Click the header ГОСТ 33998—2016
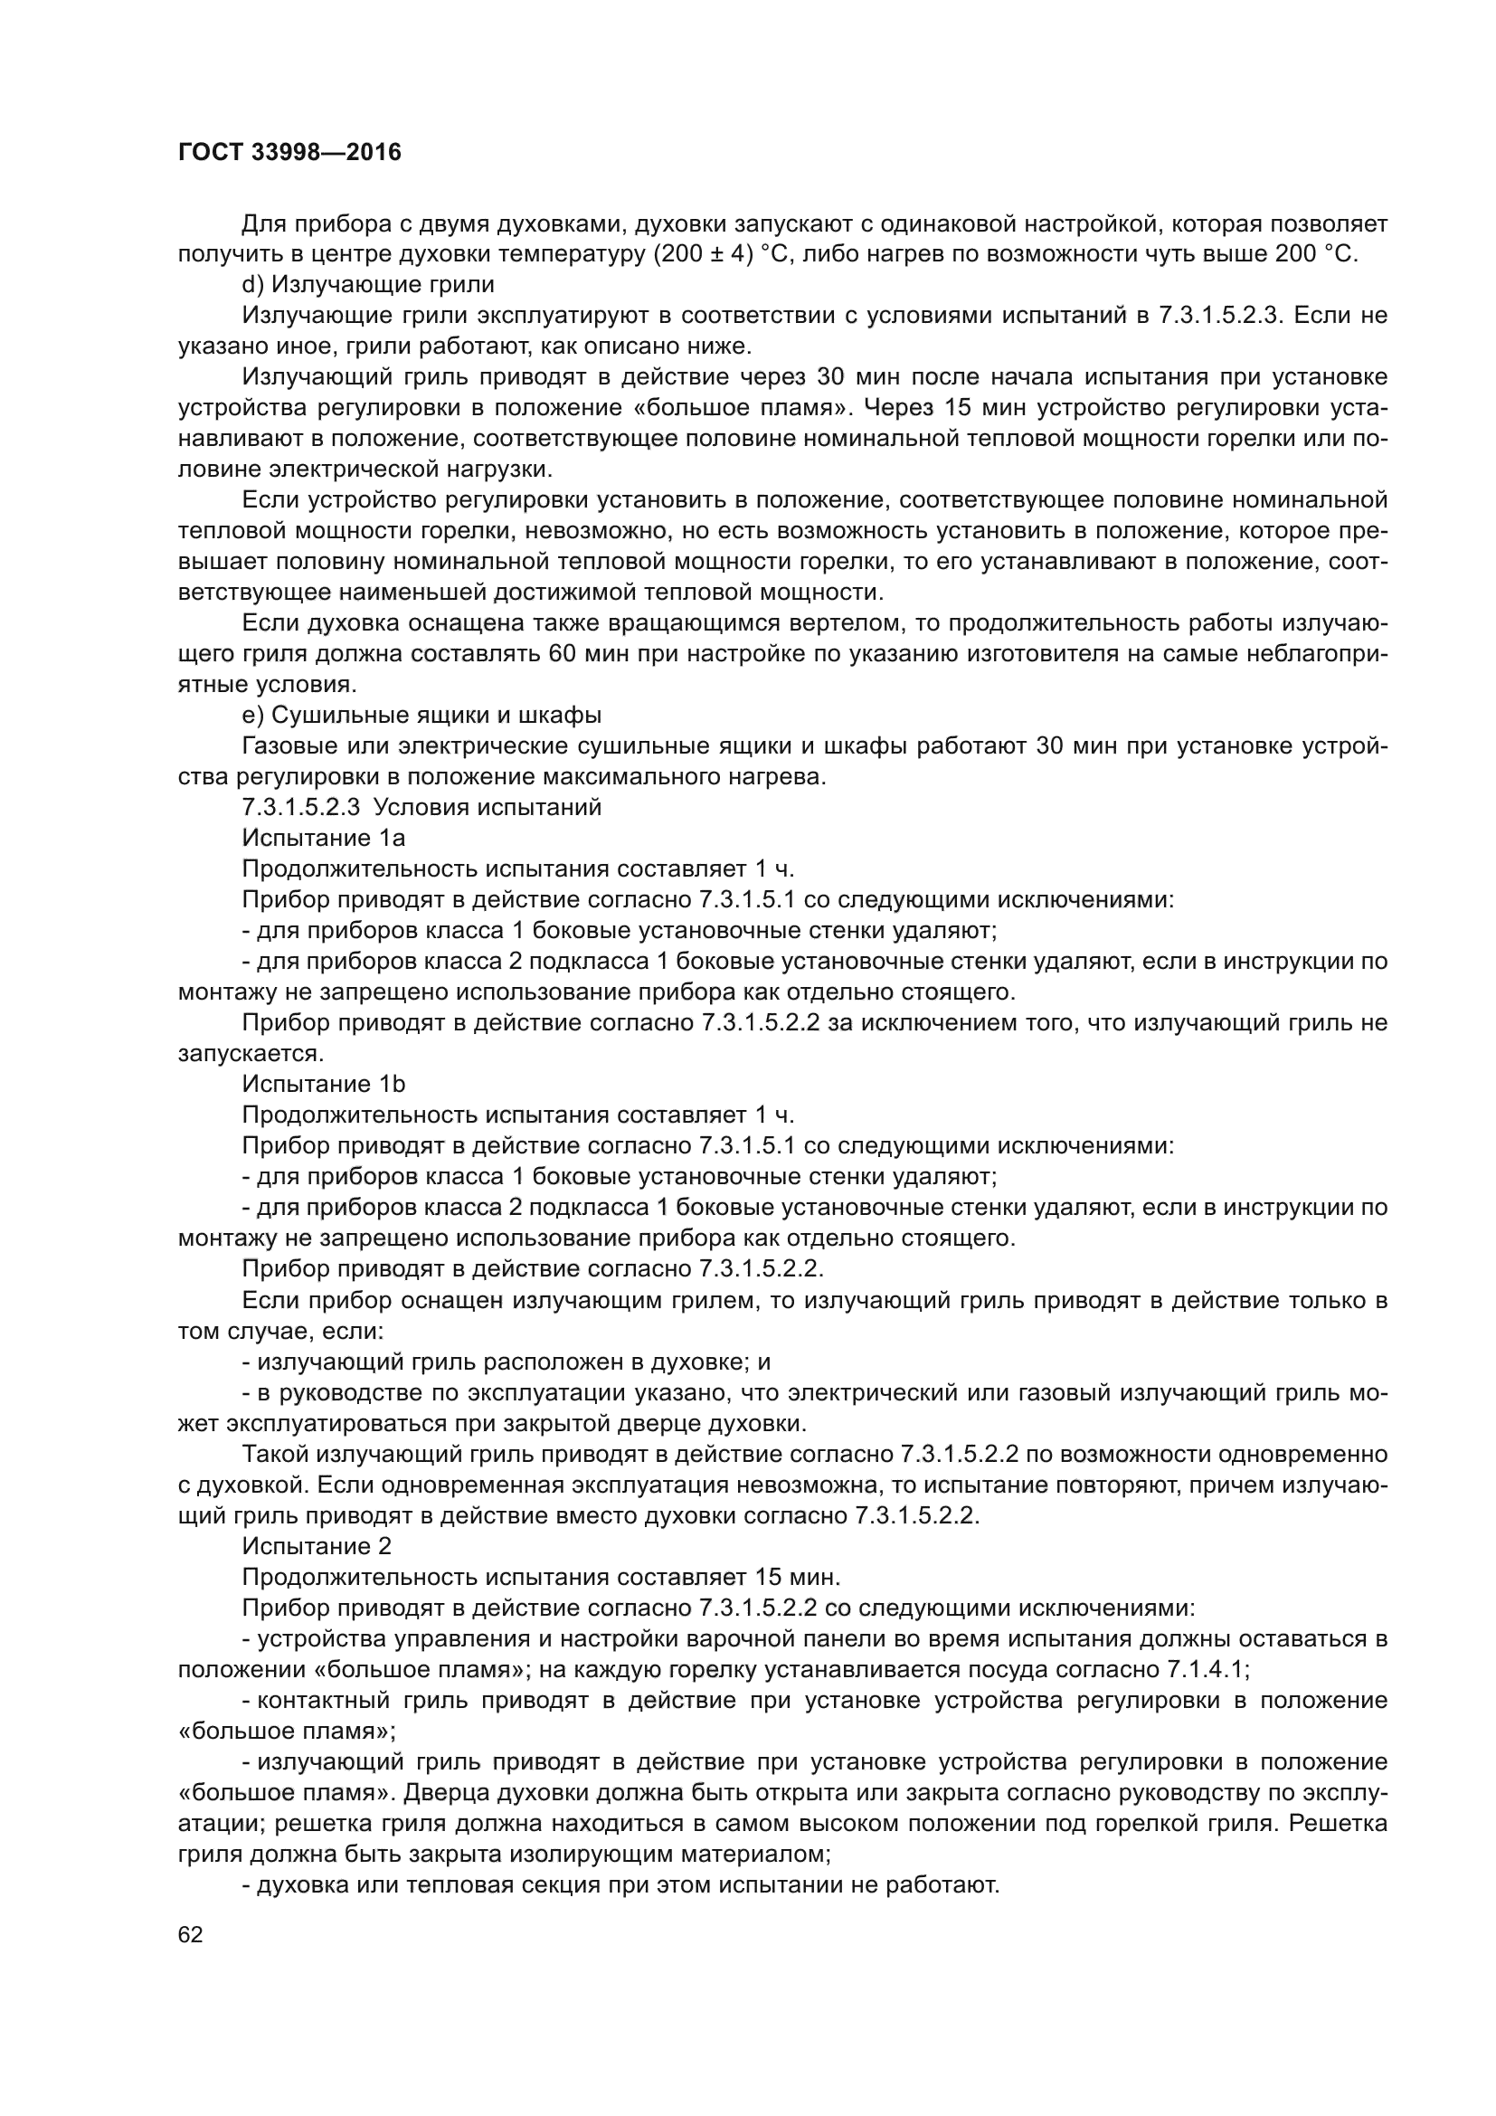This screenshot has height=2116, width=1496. (x=289, y=153)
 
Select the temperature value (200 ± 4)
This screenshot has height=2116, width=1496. (x=698, y=255)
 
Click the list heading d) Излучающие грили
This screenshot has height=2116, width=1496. (x=367, y=285)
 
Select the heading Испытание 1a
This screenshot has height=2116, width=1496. (x=323, y=838)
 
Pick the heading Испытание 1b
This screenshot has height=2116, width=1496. (x=323, y=1084)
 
